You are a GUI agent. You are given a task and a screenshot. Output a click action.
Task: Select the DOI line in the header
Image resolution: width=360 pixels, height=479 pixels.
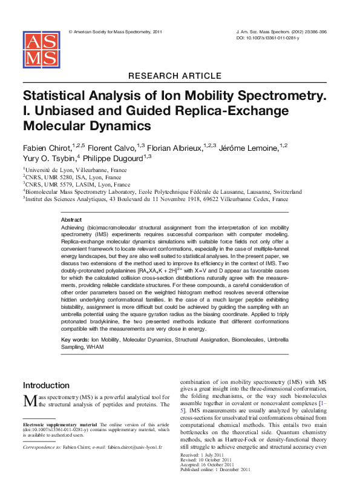tap(267, 37)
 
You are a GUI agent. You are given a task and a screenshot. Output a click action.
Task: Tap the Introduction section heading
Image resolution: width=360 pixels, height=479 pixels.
tap(46, 385)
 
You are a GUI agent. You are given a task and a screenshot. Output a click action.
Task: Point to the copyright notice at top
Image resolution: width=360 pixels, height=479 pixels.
tap(116, 31)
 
